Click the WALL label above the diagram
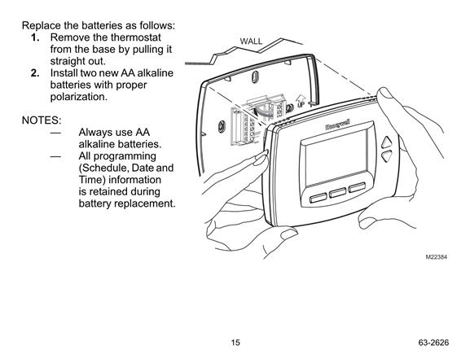(251, 42)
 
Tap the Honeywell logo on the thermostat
(337, 125)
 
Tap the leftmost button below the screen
(318, 198)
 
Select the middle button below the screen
(337, 192)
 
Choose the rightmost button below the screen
(357, 187)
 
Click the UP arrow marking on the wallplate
(301, 101)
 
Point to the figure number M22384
(436, 257)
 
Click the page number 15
(235, 342)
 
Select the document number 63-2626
(433, 343)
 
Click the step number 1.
(35, 37)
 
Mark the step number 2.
(35, 73)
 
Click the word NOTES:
(42, 120)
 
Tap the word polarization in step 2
(78, 97)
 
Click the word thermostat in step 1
(136, 37)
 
